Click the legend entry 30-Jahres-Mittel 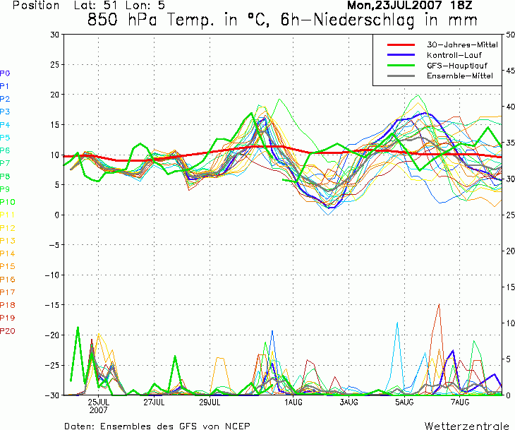point(462,44)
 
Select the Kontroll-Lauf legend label point(454,55)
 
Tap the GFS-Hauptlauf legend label point(457,66)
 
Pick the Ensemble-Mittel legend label point(460,76)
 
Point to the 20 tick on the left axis point(55,95)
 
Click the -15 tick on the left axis point(52,305)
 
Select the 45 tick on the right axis point(510,71)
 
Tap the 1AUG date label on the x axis point(293,402)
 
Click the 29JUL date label point(210,402)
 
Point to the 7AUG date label point(460,402)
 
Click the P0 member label point(5,73)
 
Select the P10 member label point(8,202)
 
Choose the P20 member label point(8,330)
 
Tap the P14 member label point(8,253)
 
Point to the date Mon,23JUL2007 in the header point(394,5)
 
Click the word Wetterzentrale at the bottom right point(467,426)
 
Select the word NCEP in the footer point(238,426)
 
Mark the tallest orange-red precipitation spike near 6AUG point(439,304)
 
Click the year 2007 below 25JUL point(98,410)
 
